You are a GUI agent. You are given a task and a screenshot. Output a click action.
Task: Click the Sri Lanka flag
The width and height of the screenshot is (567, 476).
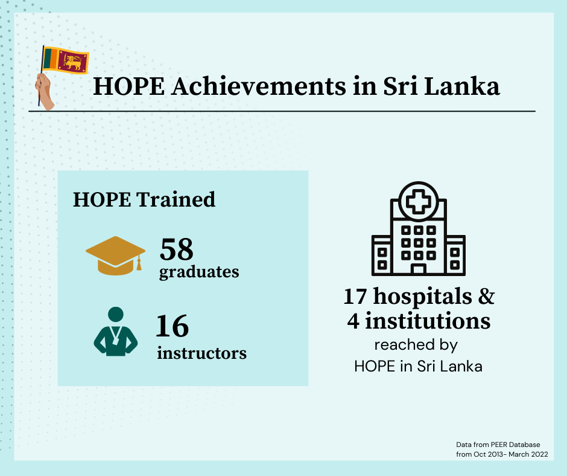pyautogui.click(x=66, y=60)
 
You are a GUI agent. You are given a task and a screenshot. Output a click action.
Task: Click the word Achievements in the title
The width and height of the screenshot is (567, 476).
pyautogui.click(x=259, y=86)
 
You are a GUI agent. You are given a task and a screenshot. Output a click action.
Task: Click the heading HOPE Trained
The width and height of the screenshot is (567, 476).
pyautogui.click(x=144, y=199)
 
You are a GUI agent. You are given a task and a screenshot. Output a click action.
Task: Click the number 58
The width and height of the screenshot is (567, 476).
pyautogui.click(x=177, y=249)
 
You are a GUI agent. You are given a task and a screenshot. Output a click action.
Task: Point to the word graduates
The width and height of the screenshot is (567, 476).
pyautogui.click(x=199, y=272)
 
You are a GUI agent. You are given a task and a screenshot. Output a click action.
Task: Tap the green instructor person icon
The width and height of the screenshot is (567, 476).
pyautogui.click(x=116, y=332)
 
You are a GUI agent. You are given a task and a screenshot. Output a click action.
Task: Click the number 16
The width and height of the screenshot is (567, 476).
pyautogui.click(x=173, y=326)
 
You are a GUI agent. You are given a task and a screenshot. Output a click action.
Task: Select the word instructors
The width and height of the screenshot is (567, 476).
pyautogui.click(x=202, y=353)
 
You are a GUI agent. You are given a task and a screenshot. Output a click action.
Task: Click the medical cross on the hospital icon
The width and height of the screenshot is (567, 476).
pyautogui.click(x=419, y=201)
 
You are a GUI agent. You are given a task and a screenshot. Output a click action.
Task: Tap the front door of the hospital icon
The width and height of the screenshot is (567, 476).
pyautogui.click(x=419, y=269)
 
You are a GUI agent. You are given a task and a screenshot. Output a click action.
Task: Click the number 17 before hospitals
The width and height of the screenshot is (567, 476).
pyautogui.click(x=355, y=297)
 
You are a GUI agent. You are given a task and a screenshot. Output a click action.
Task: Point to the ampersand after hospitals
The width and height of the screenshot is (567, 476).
pyautogui.click(x=486, y=296)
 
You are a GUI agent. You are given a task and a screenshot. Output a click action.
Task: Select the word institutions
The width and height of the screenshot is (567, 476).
pyautogui.click(x=428, y=321)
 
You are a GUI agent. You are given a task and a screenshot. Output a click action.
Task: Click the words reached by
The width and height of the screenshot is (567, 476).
pyautogui.click(x=416, y=345)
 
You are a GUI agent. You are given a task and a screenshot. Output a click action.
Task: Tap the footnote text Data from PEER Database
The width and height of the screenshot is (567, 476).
pyautogui.click(x=498, y=445)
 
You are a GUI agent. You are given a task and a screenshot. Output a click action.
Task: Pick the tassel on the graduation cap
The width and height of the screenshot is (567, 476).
pyautogui.click(x=139, y=263)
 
